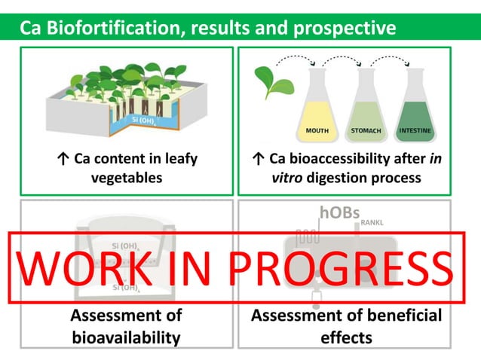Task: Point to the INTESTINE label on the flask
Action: (x=415, y=131)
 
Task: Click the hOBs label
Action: (x=339, y=213)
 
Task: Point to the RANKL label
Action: (x=372, y=223)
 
